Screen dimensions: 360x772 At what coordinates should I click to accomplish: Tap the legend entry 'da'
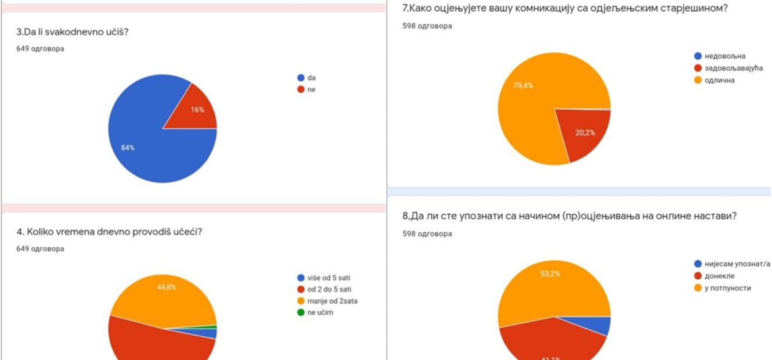[x=312, y=78]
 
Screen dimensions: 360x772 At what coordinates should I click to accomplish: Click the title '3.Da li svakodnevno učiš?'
[x=73, y=31]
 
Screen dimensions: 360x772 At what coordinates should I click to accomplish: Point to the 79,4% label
[x=523, y=86]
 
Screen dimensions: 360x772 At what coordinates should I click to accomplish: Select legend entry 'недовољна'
[x=724, y=56]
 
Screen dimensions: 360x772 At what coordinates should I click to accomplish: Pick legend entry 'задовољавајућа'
[x=733, y=69]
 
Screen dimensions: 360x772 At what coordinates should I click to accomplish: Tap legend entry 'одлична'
[x=719, y=80]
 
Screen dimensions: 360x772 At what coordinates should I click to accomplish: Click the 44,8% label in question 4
[x=167, y=286]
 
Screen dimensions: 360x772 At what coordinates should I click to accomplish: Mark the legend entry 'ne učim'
[x=320, y=312]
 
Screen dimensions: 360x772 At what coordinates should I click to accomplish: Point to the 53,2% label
[x=550, y=274]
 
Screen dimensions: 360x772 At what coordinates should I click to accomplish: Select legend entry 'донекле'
[x=719, y=276]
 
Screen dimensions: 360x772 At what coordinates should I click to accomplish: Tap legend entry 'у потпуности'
[x=727, y=288]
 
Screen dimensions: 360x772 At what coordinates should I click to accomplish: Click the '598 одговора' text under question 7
[x=427, y=26]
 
